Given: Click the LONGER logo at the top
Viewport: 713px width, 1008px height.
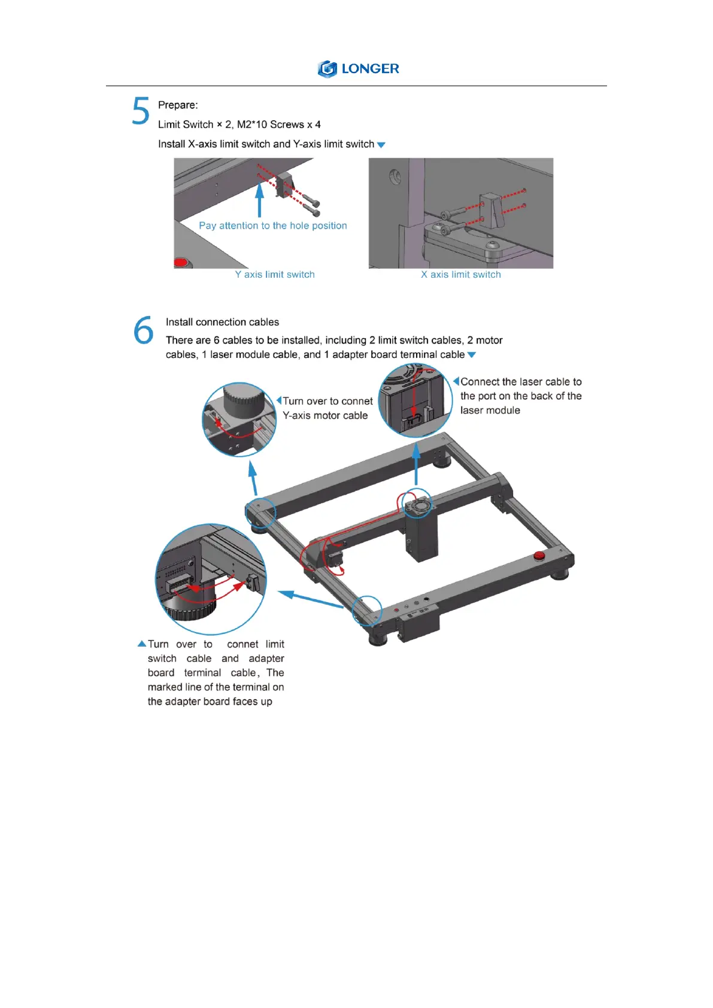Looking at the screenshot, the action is [x=358, y=69].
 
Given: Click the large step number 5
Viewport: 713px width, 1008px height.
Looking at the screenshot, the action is [x=141, y=111].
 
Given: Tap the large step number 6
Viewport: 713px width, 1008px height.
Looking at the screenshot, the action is [x=144, y=330].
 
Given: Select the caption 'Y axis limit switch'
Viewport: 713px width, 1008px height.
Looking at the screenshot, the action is [x=275, y=275].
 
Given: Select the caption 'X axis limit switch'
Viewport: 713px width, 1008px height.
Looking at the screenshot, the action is [x=460, y=275].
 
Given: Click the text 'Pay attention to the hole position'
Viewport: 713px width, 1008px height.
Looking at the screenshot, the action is [x=273, y=226].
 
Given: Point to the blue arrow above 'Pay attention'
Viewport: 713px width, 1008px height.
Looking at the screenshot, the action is [x=259, y=199].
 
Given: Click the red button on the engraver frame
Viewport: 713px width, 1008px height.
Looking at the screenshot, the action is [x=539, y=556].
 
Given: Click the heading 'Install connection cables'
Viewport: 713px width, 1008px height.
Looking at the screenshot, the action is [x=222, y=322].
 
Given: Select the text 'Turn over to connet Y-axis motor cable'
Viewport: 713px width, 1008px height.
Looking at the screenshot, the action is [x=327, y=408].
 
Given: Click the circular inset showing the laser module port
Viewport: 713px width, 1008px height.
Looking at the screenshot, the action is [x=416, y=400].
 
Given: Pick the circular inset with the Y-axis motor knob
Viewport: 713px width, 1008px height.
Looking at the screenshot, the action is [x=239, y=420].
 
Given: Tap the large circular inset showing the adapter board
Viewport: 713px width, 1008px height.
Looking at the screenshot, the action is [x=211, y=579].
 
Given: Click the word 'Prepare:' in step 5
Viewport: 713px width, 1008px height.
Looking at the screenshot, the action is [x=178, y=105].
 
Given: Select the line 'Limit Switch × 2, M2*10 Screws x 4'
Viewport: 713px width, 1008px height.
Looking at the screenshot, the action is [x=239, y=125].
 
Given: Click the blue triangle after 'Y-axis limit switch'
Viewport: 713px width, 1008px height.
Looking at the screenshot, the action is [x=381, y=145].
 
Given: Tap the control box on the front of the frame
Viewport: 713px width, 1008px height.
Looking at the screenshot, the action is [x=418, y=627].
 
